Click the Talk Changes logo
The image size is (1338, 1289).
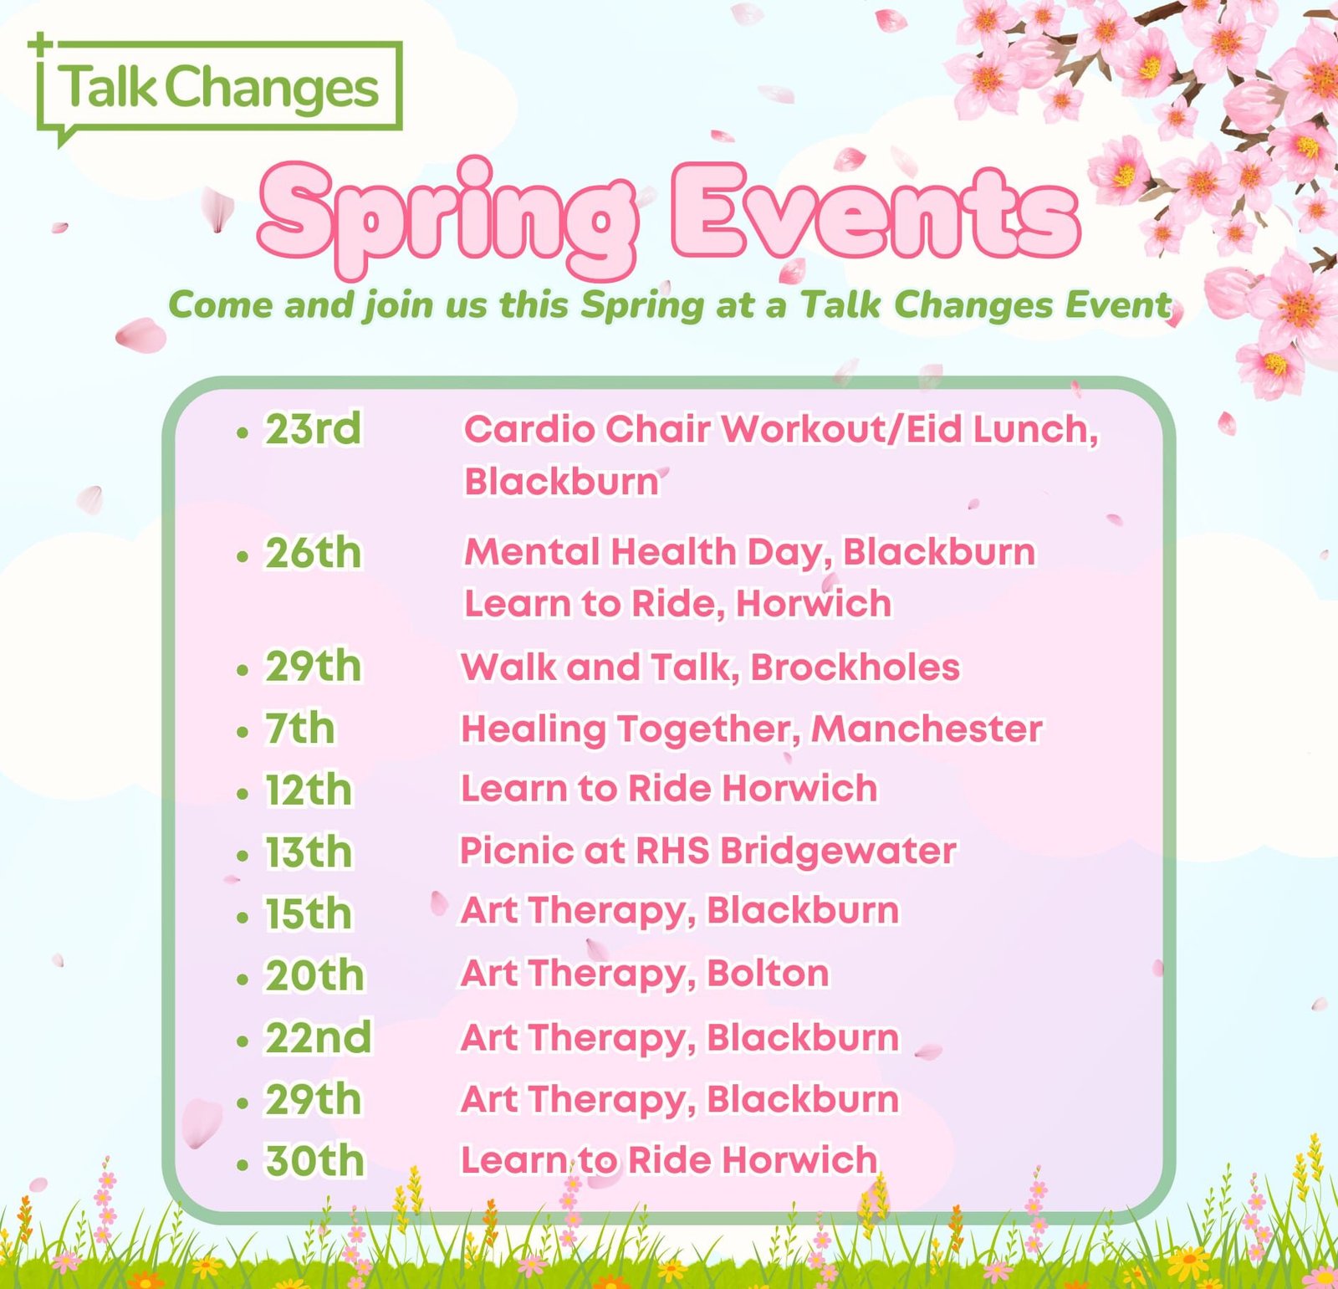[219, 87]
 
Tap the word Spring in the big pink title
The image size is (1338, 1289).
[447, 213]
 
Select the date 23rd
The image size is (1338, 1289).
[313, 429]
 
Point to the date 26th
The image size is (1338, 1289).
[313, 553]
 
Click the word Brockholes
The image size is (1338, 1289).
[855, 668]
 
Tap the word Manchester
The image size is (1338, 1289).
[927, 729]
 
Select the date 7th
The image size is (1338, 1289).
[299, 729]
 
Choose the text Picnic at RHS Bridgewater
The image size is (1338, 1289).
[707, 851]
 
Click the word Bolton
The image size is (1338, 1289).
[768, 973]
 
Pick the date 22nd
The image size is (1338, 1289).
[318, 1037]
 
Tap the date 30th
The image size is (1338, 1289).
[314, 1161]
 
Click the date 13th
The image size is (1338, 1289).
[308, 852]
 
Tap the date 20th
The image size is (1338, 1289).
[314, 975]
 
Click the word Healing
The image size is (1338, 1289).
[534, 729]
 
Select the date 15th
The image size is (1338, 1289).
[308, 913]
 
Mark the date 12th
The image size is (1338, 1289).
[308, 790]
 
